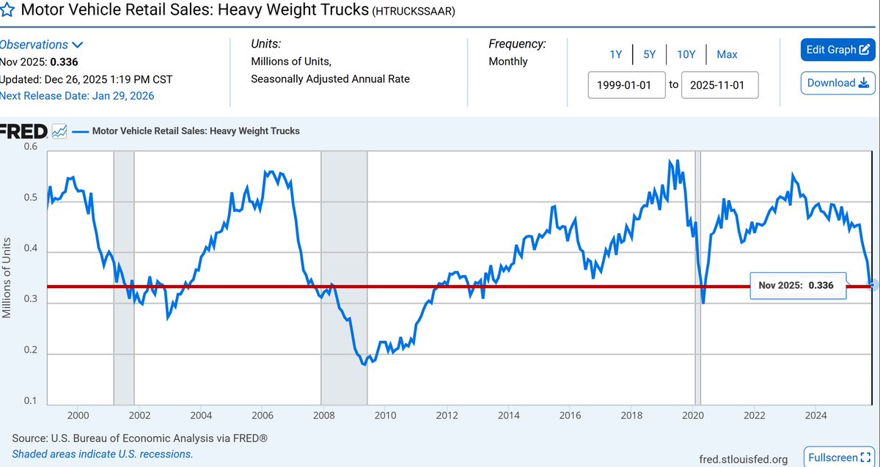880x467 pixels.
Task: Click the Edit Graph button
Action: point(837,50)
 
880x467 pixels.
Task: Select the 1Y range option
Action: point(615,54)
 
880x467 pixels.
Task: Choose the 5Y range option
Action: point(649,54)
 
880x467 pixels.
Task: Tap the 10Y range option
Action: point(686,54)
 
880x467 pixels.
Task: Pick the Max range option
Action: point(727,54)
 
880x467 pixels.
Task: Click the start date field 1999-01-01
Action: point(627,85)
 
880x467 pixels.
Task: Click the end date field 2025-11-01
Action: point(719,85)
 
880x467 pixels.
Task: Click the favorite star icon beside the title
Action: point(7,10)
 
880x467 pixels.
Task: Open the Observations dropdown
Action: point(41,45)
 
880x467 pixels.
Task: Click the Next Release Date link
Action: point(77,95)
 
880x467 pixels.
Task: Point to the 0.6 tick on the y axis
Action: point(29,147)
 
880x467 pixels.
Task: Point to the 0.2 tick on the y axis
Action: point(29,350)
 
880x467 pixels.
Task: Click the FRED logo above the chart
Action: point(24,131)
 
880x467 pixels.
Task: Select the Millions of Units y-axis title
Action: point(7,277)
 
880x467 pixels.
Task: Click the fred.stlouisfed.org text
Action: point(744,460)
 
